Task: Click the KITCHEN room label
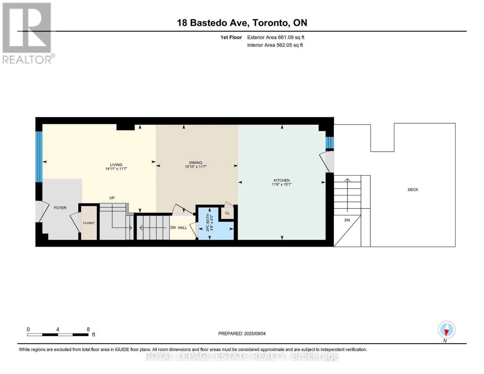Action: tap(281, 180)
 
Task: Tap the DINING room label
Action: tap(196, 162)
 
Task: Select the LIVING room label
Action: tap(116, 165)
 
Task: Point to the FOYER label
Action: tap(60, 208)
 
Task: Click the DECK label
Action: tap(413, 189)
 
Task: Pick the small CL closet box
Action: tap(227, 213)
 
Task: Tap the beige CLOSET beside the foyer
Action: tap(89, 223)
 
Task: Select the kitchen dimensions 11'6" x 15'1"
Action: tap(281, 185)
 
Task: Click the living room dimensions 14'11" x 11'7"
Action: tap(116, 169)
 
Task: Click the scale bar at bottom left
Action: tap(58, 335)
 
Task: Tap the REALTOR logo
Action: tap(27, 33)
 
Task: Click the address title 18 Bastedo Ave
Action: tap(242, 23)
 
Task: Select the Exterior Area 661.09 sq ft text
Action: tap(276, 37)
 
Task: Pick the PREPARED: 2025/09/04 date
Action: tap(242, 333)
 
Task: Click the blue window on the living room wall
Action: tap(39, 156)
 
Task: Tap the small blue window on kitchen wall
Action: tap(329, 143)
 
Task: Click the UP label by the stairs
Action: tap(112, 198)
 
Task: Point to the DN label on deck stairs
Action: tap(347, 220)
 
